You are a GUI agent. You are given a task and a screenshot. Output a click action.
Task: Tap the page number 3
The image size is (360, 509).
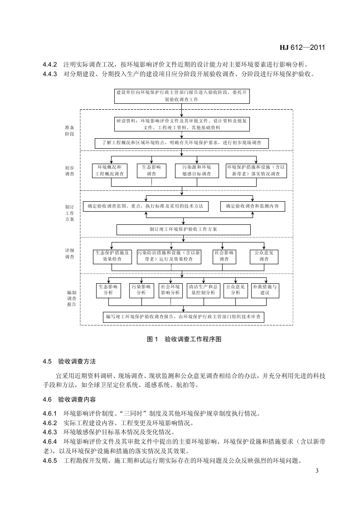pos(317,471)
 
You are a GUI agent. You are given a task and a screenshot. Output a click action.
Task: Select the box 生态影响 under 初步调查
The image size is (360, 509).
pos(151,170)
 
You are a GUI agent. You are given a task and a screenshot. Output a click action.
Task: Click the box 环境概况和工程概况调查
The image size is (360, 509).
pos(110,170)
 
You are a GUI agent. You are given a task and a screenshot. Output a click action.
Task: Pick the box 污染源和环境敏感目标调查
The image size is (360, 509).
pos(196,170)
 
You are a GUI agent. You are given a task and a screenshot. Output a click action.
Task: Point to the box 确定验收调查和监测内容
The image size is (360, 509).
pos(253,206)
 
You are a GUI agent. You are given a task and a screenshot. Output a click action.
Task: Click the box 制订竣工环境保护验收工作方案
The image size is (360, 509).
pos(183,229)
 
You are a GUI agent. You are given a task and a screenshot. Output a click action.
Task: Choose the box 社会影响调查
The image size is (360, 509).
pos(224,256)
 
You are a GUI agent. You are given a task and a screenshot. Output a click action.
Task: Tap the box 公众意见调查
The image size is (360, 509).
pos(264,256)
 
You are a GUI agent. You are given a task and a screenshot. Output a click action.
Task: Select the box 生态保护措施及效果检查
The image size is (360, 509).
pos(112,256)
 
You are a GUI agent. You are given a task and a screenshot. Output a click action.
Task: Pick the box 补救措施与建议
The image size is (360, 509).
pos(265,290)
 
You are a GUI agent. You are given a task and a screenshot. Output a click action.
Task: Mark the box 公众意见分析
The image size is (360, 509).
pos(235,290)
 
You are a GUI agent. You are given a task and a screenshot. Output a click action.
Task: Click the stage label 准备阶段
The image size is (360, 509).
pos(69,131)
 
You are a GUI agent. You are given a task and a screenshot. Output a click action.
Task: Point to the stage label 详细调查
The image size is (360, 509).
pos(69,253)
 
